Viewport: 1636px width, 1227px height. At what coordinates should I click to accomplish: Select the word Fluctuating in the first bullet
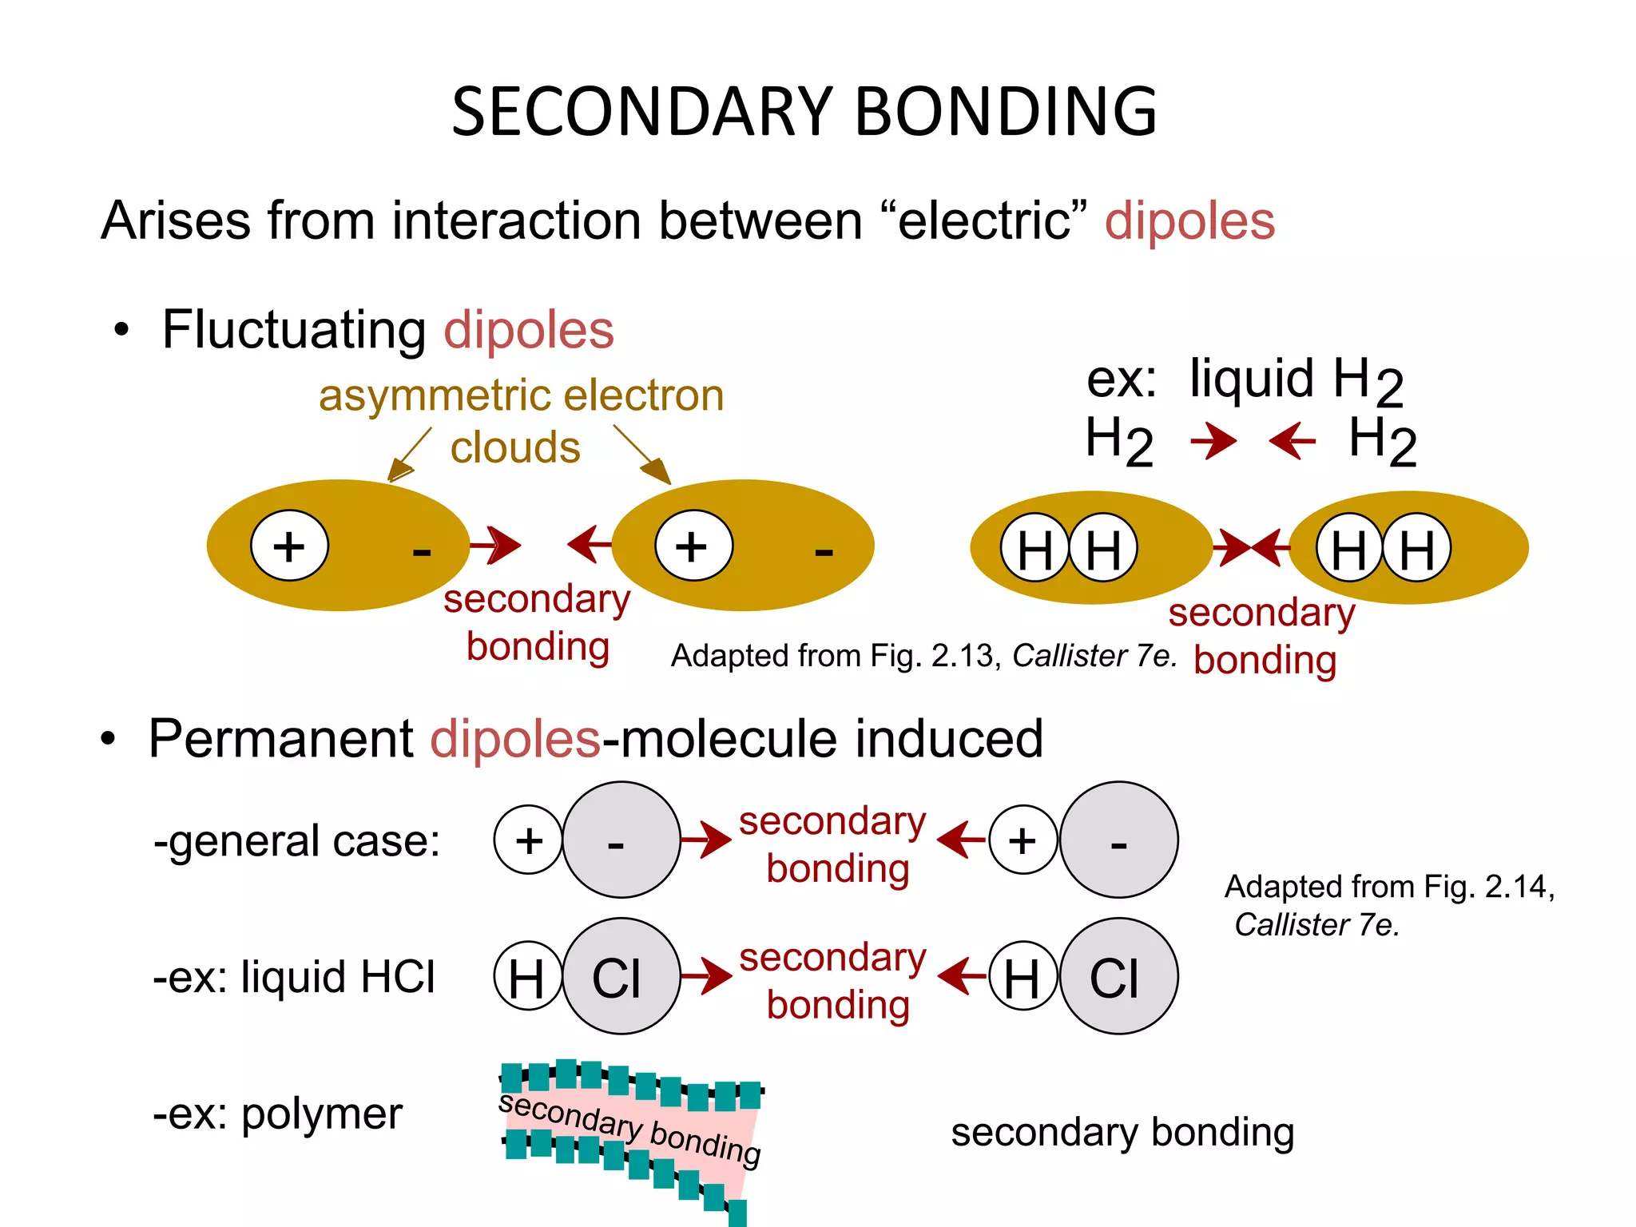click(294, 331)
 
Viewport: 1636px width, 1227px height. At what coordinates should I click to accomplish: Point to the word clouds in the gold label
click(515, 447)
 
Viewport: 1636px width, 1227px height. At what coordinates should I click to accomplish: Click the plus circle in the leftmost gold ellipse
click(289, 546)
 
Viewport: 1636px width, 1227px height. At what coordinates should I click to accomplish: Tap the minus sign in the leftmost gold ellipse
click(422, 551)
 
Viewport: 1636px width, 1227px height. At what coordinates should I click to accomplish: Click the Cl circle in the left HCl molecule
click(621, 976)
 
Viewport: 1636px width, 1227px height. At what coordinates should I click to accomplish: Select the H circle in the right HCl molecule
click(1023, 976)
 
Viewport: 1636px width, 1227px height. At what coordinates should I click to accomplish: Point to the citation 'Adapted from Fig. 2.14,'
click(1390, 887)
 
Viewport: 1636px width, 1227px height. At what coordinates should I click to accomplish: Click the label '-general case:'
click(297, 841)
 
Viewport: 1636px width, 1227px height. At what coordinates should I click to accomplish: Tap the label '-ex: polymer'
click(278, 1114)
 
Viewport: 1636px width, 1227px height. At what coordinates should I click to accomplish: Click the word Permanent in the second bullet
click(281, 738)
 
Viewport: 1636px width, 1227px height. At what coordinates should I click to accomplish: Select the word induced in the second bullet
click(949, 738)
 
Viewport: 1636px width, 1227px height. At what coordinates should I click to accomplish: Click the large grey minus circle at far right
click(1118, 840)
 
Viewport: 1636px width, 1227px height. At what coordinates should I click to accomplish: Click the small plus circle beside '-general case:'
click(529, 840)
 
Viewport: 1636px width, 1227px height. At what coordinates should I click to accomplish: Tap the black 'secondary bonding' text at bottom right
click(1122, 1134)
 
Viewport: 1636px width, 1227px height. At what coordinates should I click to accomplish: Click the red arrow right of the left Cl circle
click(706, 976)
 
